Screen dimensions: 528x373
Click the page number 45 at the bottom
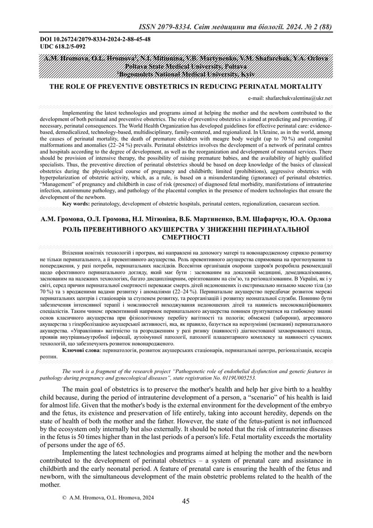pyautogui.click(x=186, y=501)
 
